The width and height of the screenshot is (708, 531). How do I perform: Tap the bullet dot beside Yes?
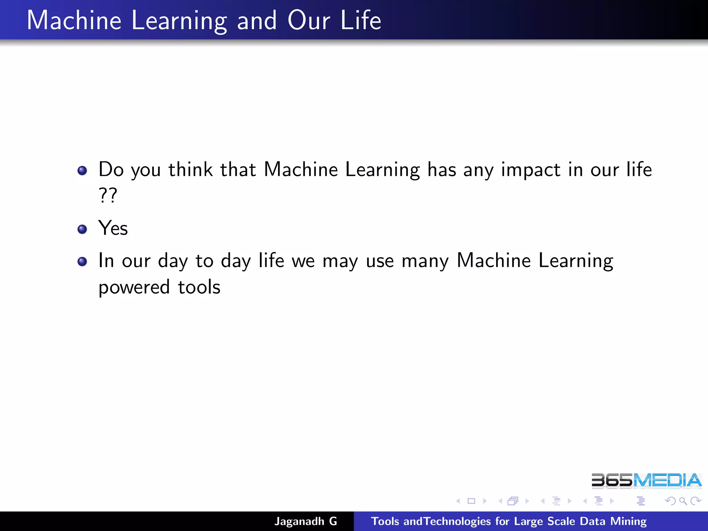pyautogui.click(x=82, y=229)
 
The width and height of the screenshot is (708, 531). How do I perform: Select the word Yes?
pyautogui.click(x=113, y=228)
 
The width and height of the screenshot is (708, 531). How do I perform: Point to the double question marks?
pyautogui.click(x=108, y=195)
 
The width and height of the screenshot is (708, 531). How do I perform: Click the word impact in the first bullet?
pyautogui.click(x=531, y=170)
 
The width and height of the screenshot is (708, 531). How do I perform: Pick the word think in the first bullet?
pyautogui.click(x=190, y=169)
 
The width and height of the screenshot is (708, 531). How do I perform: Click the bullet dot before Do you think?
pyautogui.click(x=82, y=170)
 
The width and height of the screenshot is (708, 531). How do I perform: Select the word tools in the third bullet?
pyautogui.click(x=199, y=287)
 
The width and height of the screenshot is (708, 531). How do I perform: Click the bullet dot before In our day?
pyautogui.click(x=82, y=262)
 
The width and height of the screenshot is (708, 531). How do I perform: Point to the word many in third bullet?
pyautogui.click(x=425, y=261)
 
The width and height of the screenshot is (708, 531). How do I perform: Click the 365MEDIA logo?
pyautogui.click(x=646, y=481)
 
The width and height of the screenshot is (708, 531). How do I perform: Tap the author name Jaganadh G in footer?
pyautogui.click(x=306, y=521)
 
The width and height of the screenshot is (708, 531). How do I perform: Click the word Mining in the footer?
pyautogui.click(x=628, y=521)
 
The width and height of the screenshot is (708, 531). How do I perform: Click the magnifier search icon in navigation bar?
pyautogui.click(x=683, y=501)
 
